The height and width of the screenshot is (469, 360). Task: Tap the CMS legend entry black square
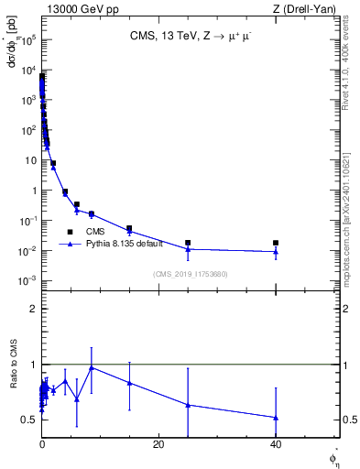[x=70, y=232]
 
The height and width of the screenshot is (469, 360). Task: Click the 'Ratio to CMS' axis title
[x=16, y=387]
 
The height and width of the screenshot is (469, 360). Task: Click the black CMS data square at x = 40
[x=276, y=243]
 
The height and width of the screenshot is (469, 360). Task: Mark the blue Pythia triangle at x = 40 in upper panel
[x=276, y=252]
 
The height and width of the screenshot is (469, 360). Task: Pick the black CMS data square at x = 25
[x=188, y=243]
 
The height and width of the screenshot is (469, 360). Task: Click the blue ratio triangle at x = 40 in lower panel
[x=276, y=418]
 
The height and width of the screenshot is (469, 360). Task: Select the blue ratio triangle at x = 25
[x=188, y=404]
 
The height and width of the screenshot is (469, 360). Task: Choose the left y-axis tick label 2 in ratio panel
[x=33, y=309]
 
